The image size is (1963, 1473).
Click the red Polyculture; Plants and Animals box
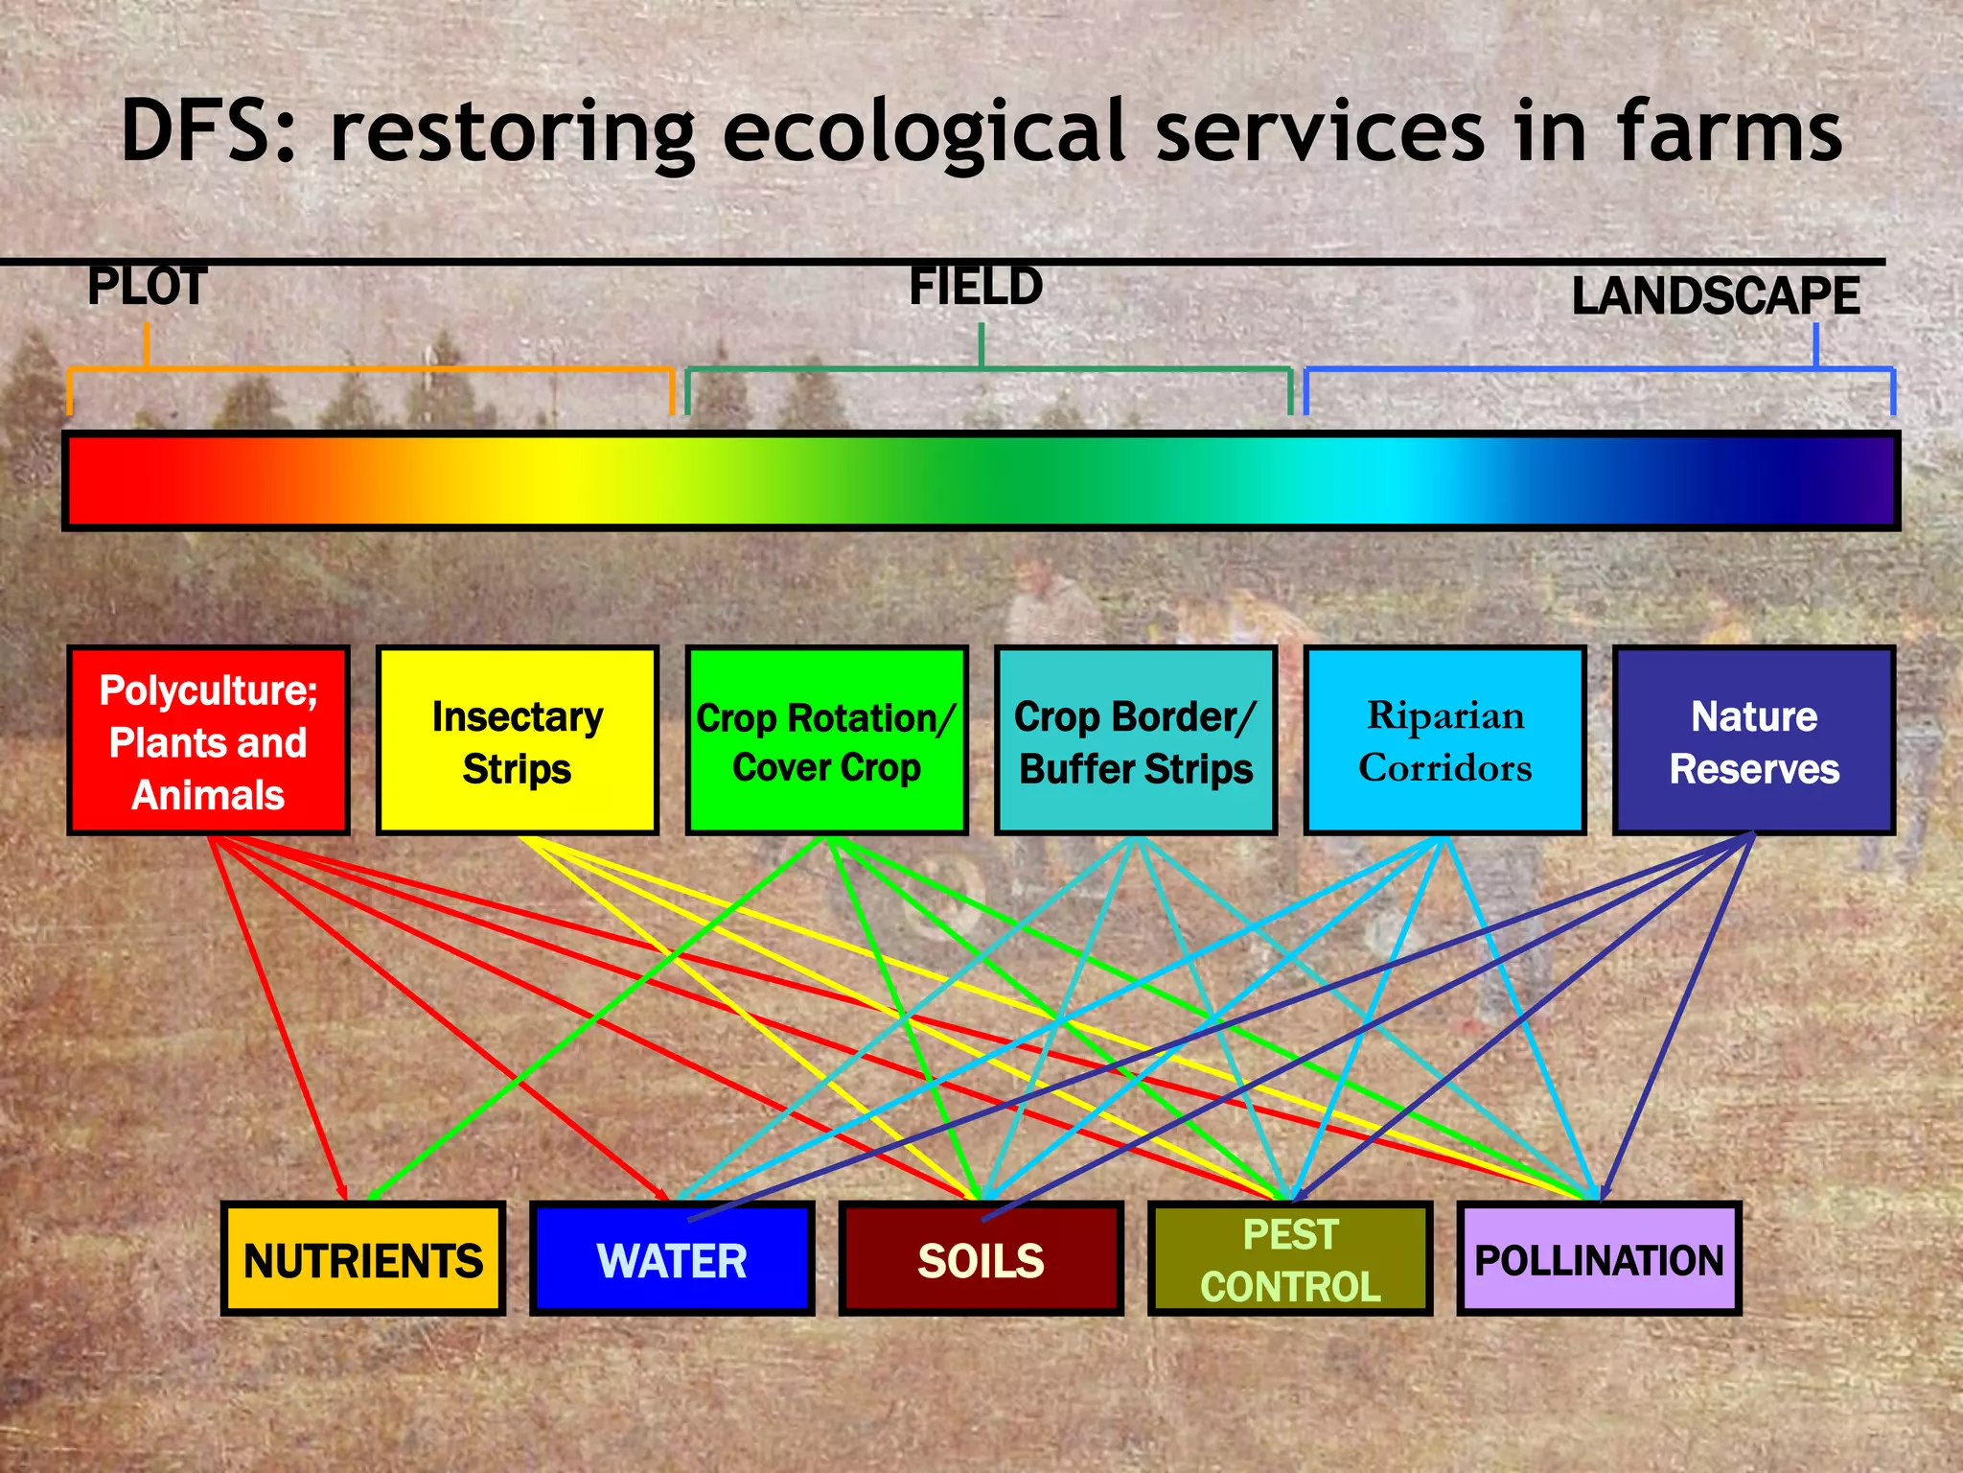point(208,741)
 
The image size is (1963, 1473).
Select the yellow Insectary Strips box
point(518,741)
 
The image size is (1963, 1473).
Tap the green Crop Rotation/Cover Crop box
point(826,741)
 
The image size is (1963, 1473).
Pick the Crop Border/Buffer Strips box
point(1136,741)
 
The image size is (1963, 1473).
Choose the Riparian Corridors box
point(1444,741)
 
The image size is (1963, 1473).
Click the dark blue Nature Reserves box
point(1754,741)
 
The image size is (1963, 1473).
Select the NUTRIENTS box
point(363,1259)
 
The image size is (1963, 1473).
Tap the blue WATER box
point(672,1259)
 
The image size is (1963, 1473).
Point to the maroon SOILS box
point(981,1259)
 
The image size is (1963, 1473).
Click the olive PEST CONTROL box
point(1290,1259)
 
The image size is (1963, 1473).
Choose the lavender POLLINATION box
point(1599,1259)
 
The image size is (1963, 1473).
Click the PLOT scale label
point(147,287)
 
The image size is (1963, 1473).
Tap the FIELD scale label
point(976,287)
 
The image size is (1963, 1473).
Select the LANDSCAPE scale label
point(1715,295)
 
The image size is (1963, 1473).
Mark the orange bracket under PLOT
point(370,369)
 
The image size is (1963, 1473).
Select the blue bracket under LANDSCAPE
point(1599,369)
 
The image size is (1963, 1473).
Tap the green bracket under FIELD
point(987,369)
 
